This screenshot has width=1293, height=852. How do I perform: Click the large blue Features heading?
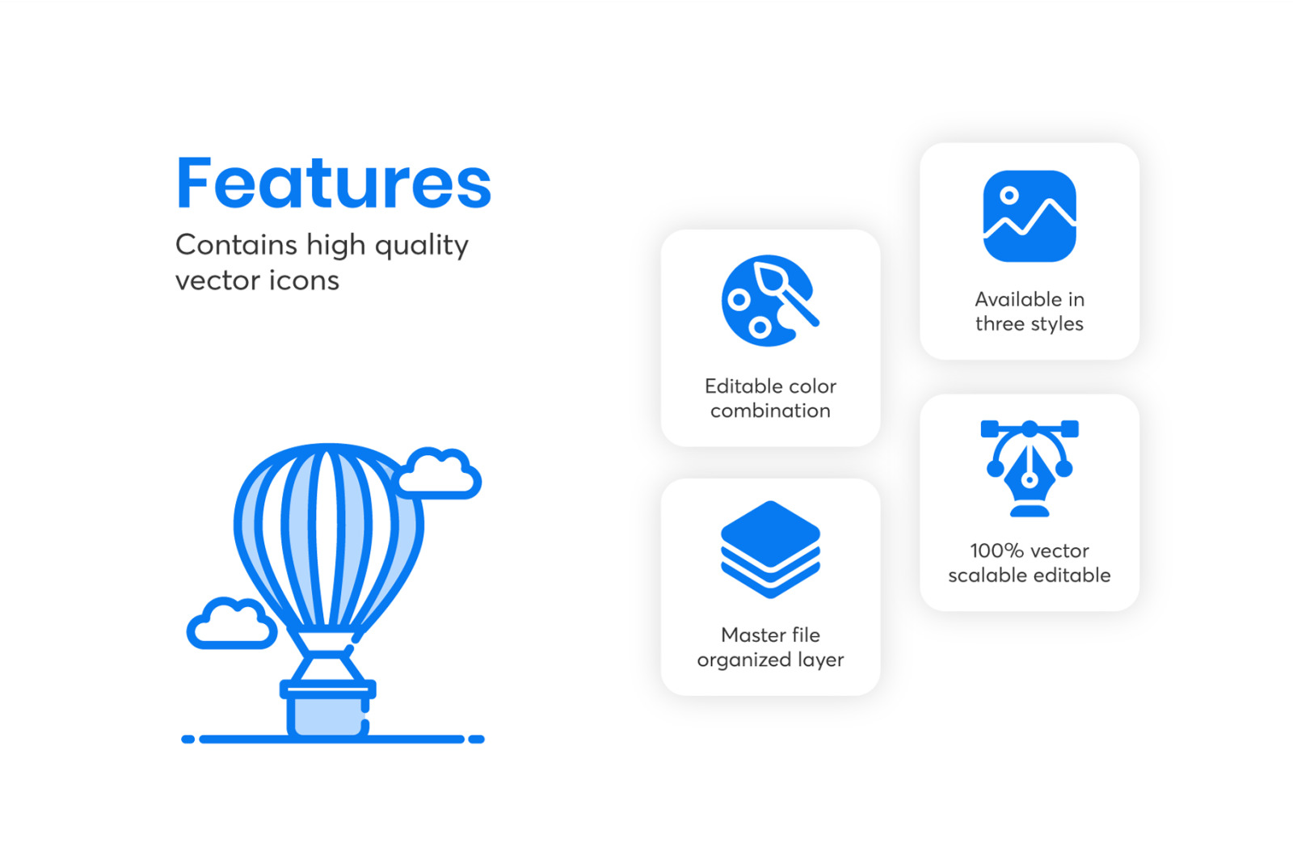(x=334, y=183)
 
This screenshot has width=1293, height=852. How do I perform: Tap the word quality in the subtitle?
(x=421, y=247)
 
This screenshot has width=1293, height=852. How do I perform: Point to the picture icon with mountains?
(x=1030, y=216)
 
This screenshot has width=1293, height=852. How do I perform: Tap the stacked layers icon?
(x=770, y=549)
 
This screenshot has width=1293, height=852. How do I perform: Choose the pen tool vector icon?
(x=1030, y=468)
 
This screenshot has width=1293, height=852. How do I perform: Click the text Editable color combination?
(x=770, y=399)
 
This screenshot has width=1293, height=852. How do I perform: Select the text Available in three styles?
(x=1030, y=312)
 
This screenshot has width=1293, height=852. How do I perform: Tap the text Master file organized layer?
(x=770, y=647)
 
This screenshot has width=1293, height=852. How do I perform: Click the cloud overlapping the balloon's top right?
(x=439, y=474)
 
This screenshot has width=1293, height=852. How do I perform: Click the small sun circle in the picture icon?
(x=1009, y=195)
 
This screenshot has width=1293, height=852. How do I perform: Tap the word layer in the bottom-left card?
(x=821, y=660)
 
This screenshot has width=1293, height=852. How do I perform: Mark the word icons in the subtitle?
(x=304, y=281)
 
